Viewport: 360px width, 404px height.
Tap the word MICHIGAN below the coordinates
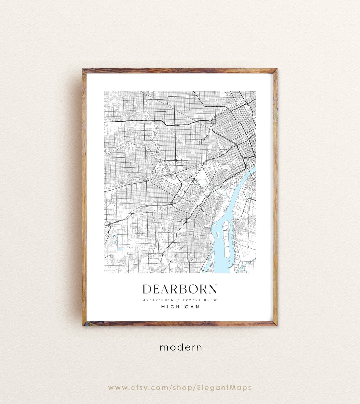[180, 307]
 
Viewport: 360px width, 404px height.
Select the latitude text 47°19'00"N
[159, 300]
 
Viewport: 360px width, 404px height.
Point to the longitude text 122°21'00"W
[200, 300]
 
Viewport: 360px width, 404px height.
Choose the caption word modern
[181, 347]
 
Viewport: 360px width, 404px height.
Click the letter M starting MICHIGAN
[163, 307]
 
